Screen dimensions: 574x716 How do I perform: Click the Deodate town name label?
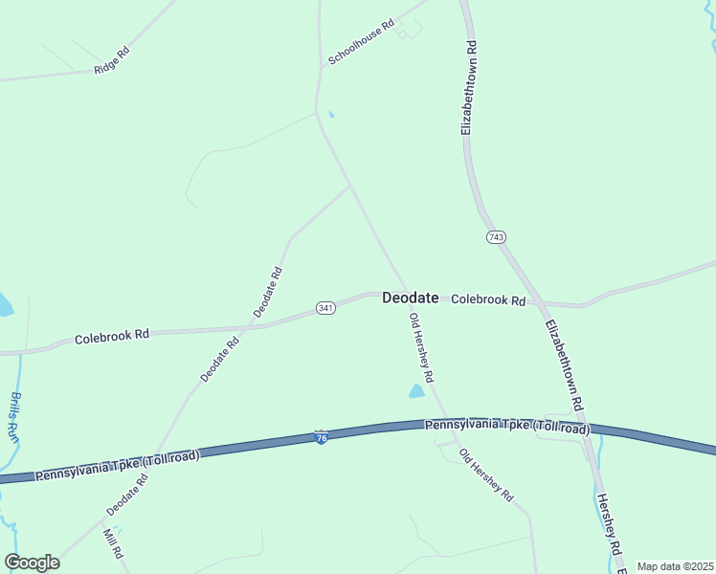(410, 298)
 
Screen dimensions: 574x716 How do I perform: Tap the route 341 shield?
(325, 308)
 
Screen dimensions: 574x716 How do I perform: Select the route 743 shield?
(495, 236)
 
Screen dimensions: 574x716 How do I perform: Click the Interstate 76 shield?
(321, 437)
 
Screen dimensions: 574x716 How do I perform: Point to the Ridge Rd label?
(112, 62)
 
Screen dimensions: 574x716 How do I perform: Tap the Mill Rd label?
(113, 543)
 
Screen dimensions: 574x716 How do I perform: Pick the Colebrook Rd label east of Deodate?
(488, 300)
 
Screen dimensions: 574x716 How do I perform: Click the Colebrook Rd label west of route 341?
(112, 336)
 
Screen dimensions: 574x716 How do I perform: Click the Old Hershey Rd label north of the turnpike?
(421, 345)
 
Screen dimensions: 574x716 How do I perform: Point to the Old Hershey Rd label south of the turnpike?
(486, 475)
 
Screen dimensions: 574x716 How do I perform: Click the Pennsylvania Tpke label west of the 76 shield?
(117, 466)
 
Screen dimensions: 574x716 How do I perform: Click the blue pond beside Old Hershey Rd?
(416, 390)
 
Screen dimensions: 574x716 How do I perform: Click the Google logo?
(33, 563)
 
